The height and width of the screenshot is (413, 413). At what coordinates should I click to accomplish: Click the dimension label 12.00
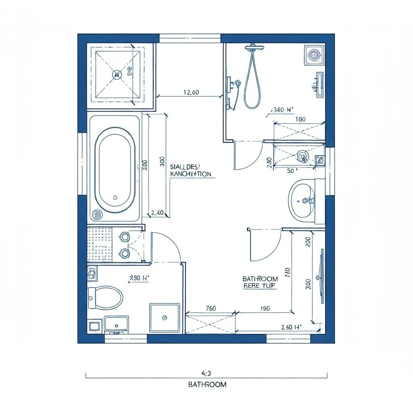[191, 92]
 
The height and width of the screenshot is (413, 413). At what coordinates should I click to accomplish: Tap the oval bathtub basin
[115, 169]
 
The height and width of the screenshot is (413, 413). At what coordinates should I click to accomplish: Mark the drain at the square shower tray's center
[117, 74]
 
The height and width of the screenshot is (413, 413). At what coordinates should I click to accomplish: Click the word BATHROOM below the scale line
[207, 384]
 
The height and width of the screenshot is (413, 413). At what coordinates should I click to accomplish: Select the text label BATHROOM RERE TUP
[260, 282]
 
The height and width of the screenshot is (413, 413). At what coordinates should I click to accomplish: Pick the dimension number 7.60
[211, 309]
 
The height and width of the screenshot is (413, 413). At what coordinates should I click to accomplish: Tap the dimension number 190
[265, 309]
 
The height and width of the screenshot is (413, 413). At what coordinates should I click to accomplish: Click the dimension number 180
[300, 119]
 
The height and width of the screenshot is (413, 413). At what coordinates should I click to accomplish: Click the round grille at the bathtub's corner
[97, 215]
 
